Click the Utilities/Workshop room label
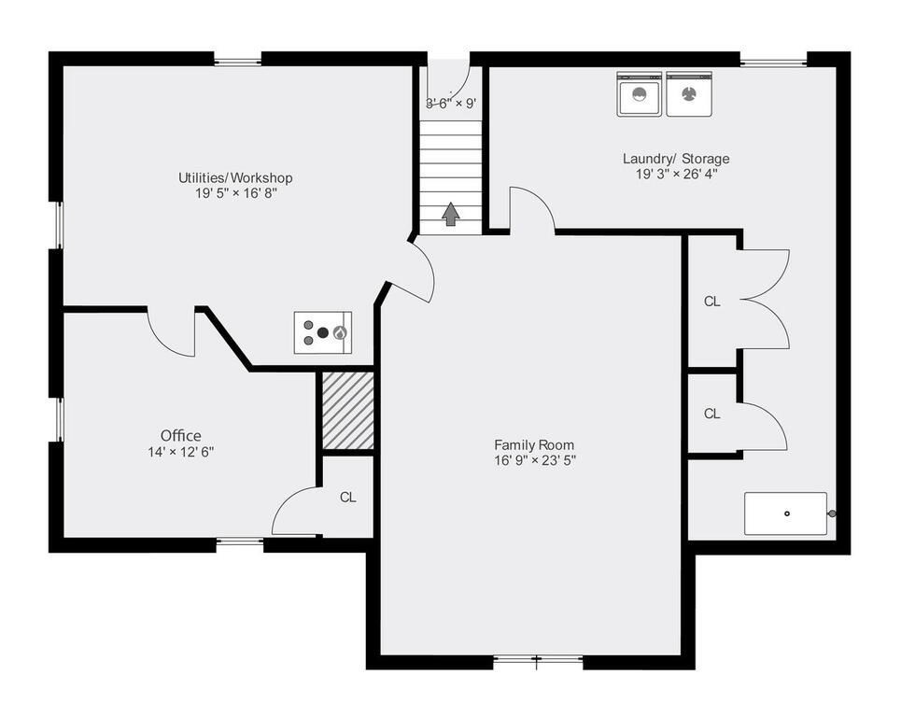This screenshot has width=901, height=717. coord(235,177)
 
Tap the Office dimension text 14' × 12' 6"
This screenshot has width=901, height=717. coord(180,452)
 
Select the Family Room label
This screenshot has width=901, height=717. coord(534,445)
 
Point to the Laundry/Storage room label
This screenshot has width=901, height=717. coord(676,159)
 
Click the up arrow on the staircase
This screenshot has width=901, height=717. coord(450,214)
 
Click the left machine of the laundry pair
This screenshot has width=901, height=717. coord(640,94)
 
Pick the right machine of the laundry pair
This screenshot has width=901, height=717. coord(689,94)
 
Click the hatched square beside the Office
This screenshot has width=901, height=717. coord(347,411)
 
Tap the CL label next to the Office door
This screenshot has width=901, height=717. coord(347,498)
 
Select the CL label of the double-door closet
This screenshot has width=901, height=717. coord(712,302)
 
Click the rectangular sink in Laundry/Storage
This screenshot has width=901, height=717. coord(785,513)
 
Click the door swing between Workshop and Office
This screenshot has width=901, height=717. coord(171,330)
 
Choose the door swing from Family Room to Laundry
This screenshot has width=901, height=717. coord(531,210)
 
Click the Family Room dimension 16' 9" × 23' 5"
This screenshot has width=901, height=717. coord(534,460)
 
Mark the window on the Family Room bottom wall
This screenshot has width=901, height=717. coord(537,661)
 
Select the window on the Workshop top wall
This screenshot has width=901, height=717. coord(237,62)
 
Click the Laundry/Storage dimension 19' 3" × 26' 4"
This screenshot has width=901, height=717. coord(676,174)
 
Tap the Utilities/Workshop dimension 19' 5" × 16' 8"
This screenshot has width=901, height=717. coord(235,193)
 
